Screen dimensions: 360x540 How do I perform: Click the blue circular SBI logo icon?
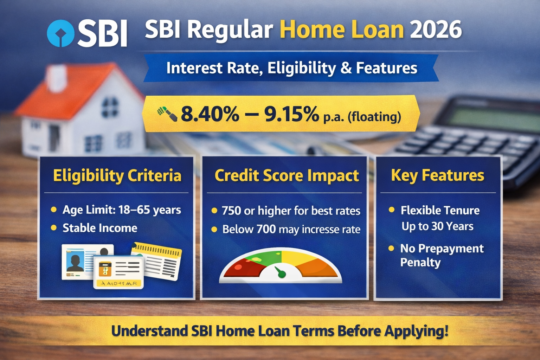click(x=60, y=34)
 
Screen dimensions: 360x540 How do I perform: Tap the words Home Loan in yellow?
click(x=341, y=30)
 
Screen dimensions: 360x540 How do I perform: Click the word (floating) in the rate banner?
click(x=374, y=116)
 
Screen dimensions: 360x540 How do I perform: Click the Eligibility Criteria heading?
click(x=117, y=175)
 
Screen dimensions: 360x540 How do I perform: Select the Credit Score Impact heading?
click(x=287, y=175)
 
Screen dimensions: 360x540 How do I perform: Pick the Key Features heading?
click(x=437, y=175)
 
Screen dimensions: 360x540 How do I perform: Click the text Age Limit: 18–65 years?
click(x=122, y=210)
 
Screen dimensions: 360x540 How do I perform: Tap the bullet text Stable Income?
click(x=100, y=228)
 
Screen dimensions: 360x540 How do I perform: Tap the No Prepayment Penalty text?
click(x=442, y=255)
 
